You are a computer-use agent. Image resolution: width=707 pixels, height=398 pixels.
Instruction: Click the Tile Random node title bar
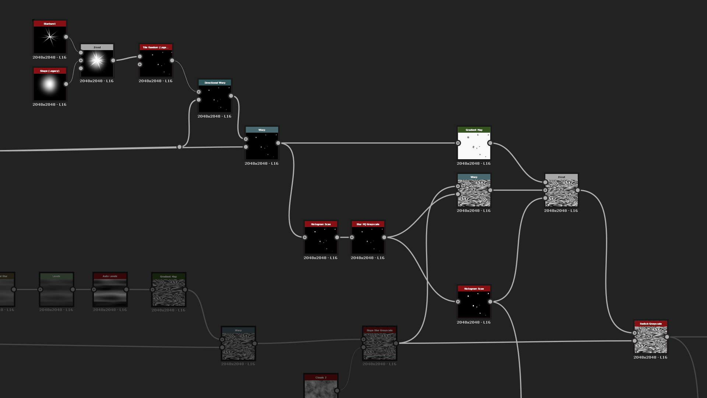(x=155, y=47)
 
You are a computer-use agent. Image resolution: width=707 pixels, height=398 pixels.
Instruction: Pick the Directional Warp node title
(x=215, y=83)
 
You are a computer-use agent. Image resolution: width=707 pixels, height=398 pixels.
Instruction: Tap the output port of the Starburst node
(x=66, y=37)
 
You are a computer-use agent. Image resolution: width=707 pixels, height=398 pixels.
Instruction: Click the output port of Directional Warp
(x=231, y=96)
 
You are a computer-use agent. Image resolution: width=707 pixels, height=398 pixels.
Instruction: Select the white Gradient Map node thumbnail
(x=474, y=146)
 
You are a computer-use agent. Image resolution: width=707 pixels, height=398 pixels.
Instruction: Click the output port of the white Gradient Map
(x=490, y=143)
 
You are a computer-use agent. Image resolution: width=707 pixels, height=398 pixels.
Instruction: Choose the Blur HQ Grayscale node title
(x=367, y=224)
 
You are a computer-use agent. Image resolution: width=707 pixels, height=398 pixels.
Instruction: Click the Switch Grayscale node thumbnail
(x=651, y=340)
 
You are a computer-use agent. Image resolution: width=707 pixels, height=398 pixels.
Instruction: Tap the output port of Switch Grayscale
(x=667, y=337)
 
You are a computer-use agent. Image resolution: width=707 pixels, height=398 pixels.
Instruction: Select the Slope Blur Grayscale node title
(x=379, y=330)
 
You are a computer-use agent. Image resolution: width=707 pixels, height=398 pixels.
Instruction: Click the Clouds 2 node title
(x=321, y=377)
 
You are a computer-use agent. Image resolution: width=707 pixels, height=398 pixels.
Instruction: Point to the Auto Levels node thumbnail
(x=110, y=292)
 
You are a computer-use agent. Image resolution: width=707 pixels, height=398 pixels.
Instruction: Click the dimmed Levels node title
(x=56, y=276)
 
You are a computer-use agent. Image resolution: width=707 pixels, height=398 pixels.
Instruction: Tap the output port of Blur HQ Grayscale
(x=384, y=237)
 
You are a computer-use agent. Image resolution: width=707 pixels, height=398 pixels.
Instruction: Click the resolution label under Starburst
(x=49, y=57)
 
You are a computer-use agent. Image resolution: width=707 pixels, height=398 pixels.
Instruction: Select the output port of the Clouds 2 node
(x=337, y=391)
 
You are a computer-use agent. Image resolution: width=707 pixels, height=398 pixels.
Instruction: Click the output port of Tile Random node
(x=172, y=60)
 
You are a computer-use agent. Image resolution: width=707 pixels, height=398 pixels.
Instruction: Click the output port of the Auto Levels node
(x=126, y=290)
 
